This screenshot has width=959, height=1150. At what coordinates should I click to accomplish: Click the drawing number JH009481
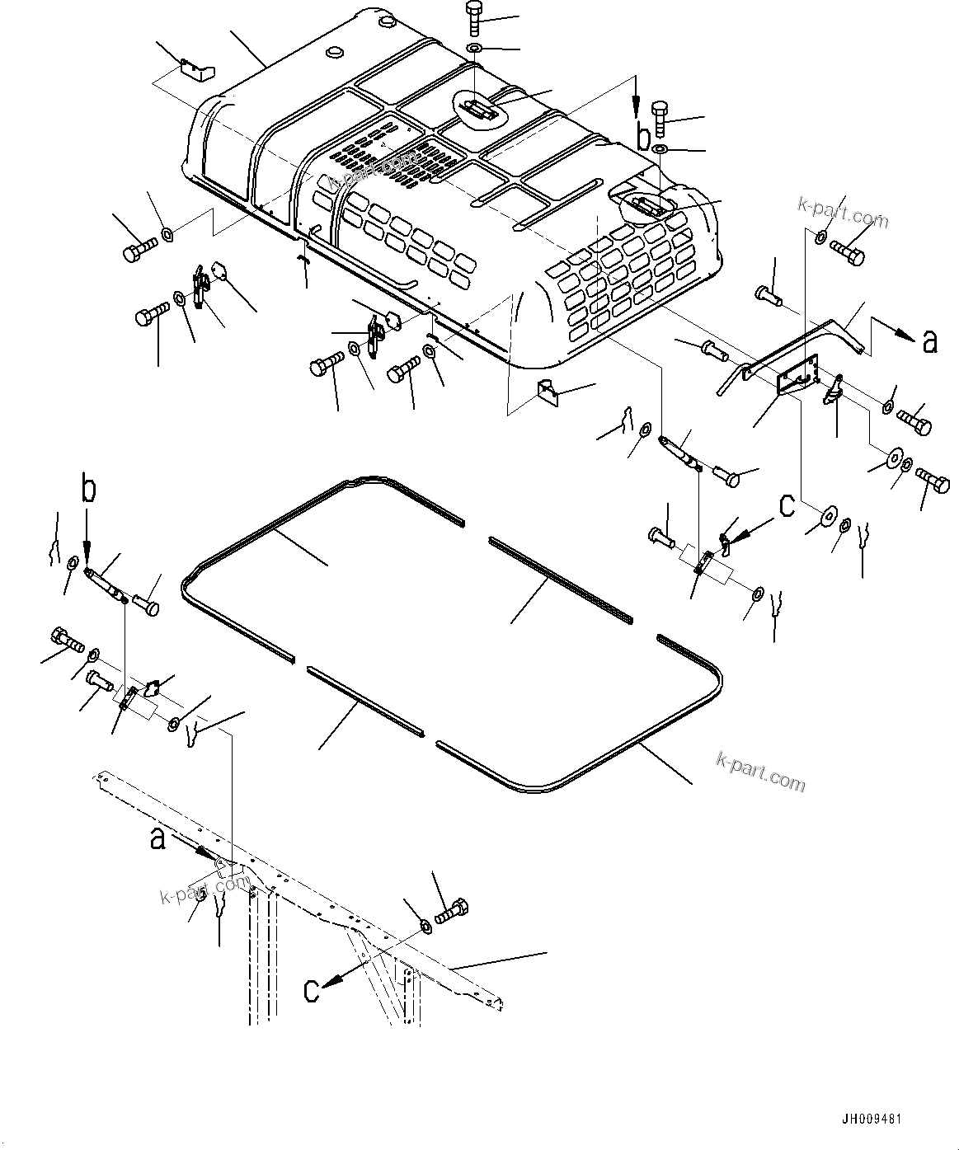pos(872,1120)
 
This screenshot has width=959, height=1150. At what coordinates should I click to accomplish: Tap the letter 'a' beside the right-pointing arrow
pos(929,340)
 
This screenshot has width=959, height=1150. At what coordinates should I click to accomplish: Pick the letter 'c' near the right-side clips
pos(787,505)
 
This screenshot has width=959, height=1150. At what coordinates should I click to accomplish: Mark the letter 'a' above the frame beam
pos(157,839)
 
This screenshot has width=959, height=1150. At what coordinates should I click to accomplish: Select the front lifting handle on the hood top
pos(478,108)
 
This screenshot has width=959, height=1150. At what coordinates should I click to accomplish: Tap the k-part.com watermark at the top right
pos(840,213)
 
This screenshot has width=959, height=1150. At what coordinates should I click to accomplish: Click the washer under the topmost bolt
pos(476,49)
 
